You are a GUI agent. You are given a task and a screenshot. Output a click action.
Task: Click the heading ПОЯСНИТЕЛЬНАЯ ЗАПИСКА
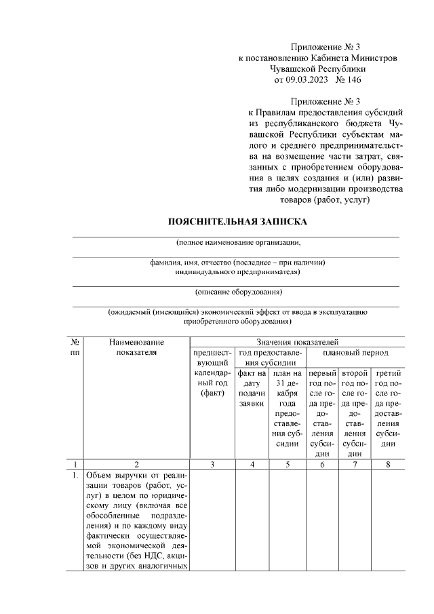coord(237,221)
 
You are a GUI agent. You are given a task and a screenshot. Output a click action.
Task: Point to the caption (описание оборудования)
coord(237,292)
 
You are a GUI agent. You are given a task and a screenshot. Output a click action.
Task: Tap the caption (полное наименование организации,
coord(237,242)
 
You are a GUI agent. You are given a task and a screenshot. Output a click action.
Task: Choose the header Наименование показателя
coord(136,348)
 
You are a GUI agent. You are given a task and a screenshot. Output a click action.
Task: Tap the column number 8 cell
coord(388,465)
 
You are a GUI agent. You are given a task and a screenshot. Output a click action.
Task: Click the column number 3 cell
coord(213,465)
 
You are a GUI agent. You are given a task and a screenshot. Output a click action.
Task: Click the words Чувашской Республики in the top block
coord(317,69)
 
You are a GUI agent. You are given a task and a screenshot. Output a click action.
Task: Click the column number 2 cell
coord(136,465)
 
